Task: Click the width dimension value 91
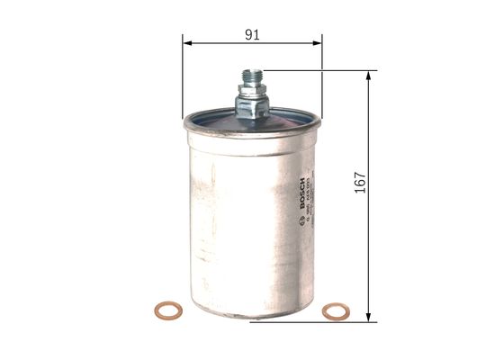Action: click(x=252, y=34)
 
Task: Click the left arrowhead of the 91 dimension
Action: click(x=187, y=42)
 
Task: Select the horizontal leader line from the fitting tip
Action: click(x=315, y=70)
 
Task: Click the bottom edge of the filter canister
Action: click(x=251, y=317)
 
